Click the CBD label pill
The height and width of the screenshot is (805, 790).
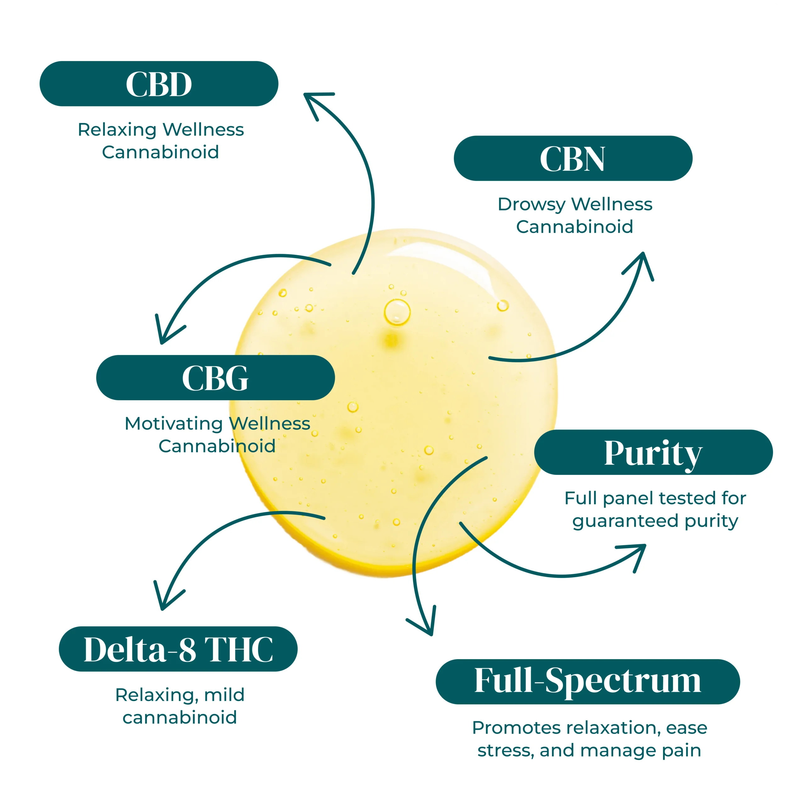tap(159, 84)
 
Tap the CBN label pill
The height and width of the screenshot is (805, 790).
tap(573, 158)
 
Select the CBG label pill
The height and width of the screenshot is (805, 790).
tap(215, 378)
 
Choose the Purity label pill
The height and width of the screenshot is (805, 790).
tap(653, 452)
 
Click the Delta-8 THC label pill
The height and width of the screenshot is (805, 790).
tap(178, 649)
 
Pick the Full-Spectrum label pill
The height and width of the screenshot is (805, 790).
tap(588, 681)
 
